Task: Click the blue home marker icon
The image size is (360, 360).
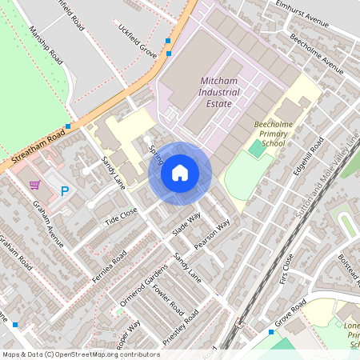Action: (x=180, y=173)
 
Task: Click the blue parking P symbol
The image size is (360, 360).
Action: (x=66, y=190)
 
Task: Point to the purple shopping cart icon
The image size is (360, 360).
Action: (x=34, y=185)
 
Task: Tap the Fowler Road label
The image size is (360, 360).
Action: (x=168, y=301)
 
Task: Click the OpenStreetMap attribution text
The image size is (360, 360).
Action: (x=81, y=354)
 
